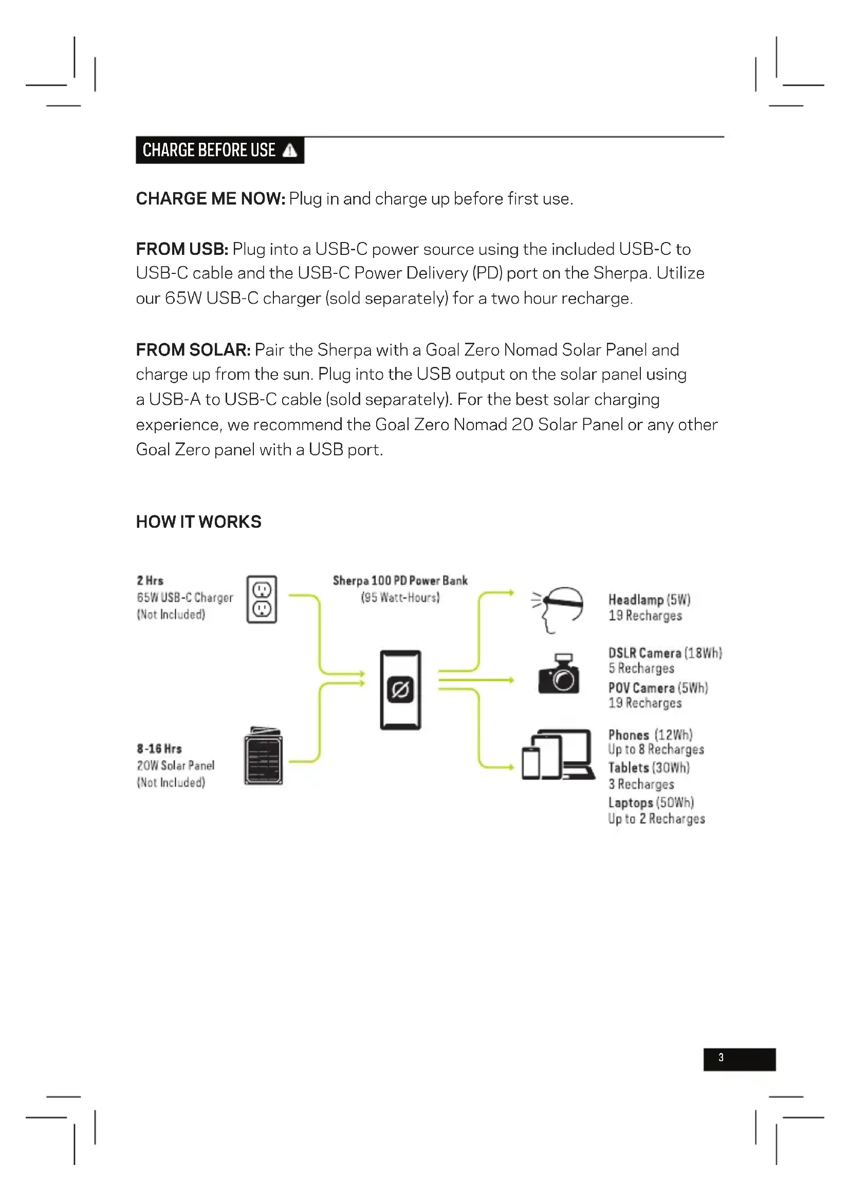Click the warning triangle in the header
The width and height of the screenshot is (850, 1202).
[289, 151]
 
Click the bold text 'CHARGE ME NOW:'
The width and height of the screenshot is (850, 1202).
[210, 199]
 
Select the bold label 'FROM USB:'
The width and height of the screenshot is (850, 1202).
[181, 249]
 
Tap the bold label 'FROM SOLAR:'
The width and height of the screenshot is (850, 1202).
[193, 350]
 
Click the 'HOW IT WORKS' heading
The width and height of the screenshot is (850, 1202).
[198, 522]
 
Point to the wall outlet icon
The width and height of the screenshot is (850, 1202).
[262, 599]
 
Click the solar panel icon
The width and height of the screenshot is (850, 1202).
[263, 755]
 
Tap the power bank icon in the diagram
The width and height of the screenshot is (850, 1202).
[400, 690]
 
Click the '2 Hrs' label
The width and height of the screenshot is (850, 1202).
[150, 581]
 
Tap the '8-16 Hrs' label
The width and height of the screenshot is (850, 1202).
[159, 749]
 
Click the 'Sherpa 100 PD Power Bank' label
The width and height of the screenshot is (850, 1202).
[400, 581]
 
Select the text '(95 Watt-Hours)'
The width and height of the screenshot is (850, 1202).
[400, 597]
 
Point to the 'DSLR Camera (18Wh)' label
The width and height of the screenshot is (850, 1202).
[664, 653]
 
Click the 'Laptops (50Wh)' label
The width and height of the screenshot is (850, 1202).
[651, 803]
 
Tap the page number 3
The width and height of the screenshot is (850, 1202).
[720, 1058]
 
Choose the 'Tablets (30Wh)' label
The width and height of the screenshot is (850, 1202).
[649, 768]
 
